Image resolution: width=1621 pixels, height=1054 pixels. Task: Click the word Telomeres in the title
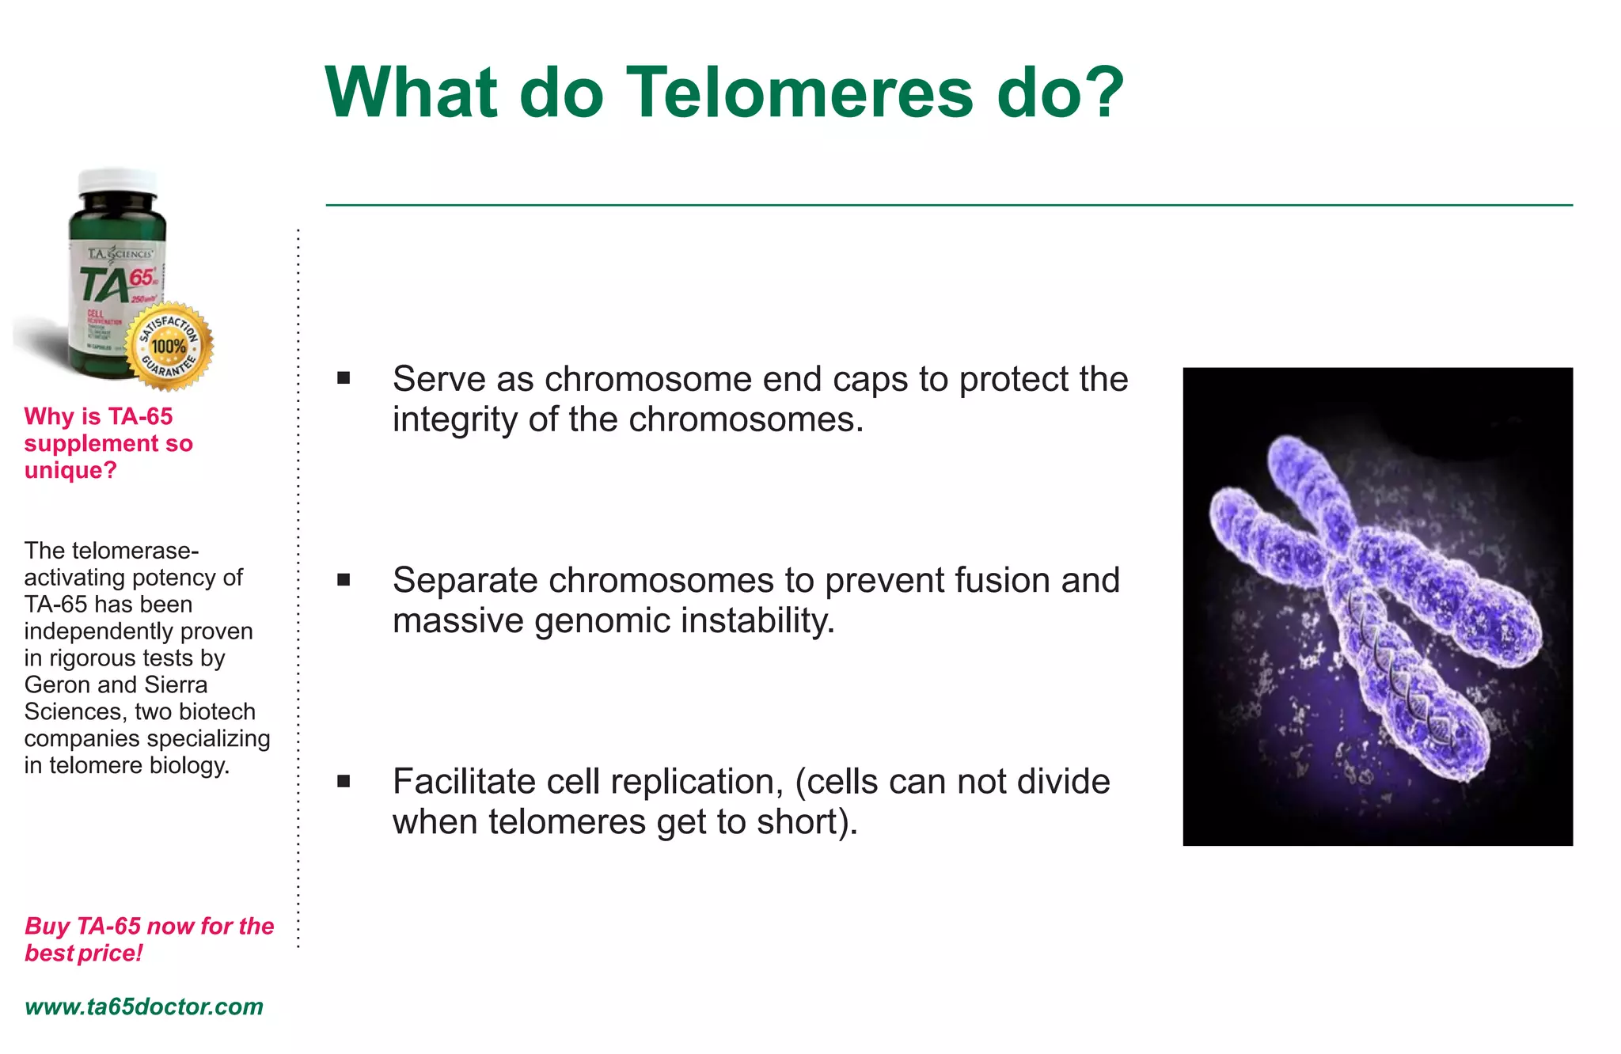point(799,93)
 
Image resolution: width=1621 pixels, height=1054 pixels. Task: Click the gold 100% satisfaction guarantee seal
point(169,347)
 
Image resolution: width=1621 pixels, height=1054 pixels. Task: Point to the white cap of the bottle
point(119,180)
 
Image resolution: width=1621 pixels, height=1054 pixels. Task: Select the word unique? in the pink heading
point(70,470)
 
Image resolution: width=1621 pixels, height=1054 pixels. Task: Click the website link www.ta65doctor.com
point(143,1007)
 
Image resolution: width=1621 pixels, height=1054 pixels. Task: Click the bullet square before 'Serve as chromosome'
point(344,378)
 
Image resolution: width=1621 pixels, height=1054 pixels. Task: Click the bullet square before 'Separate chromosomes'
point(344,580)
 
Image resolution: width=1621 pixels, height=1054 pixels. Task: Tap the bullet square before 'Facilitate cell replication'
point(344,782)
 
